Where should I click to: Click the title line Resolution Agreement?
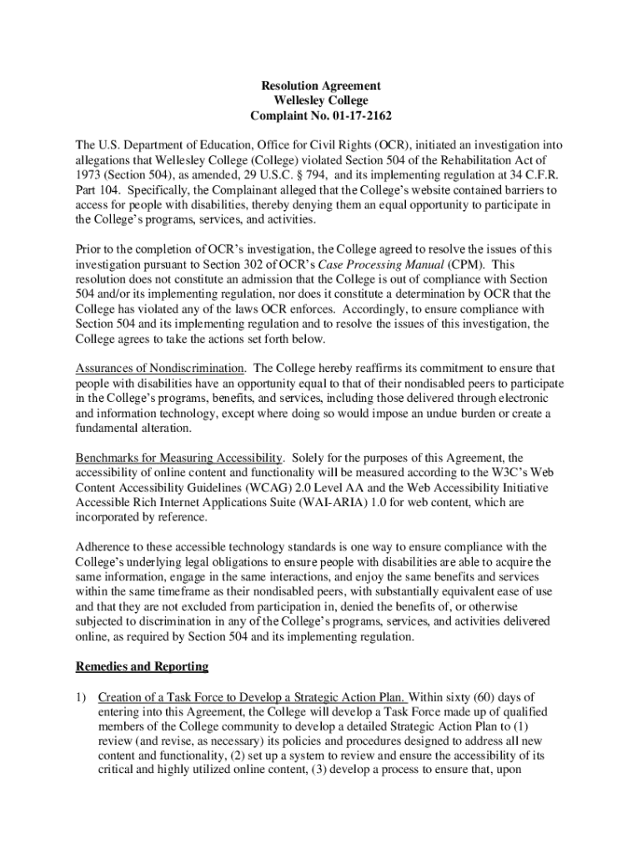click(x=321, y=86)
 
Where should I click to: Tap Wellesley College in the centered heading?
click(x=321, y=101)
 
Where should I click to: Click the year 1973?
click(x=89, y=175)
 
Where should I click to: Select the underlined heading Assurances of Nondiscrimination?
click(x=160, y=369)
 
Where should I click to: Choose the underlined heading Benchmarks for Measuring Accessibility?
click(x=179, y=459)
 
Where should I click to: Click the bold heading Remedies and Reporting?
click(x=142, y=667)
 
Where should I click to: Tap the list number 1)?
click(x=82, y=697)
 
